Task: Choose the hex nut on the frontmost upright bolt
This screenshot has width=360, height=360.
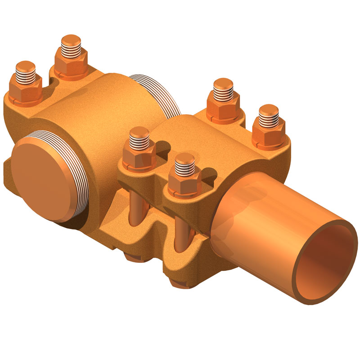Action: pos(185,184)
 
